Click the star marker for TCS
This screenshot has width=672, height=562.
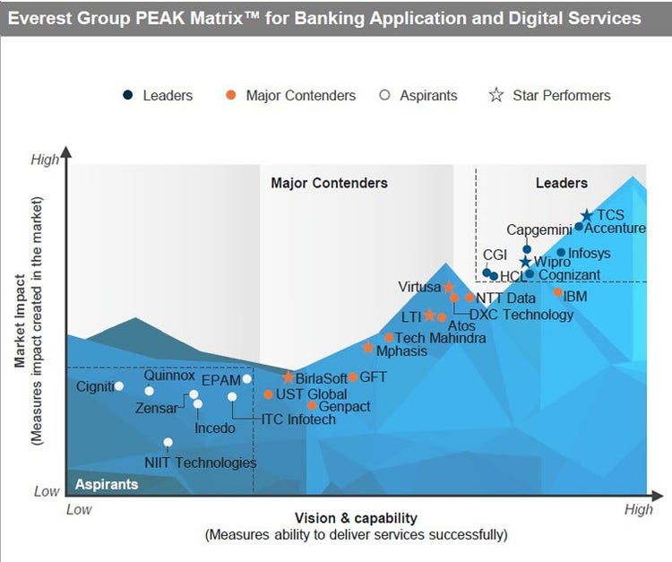pos(586,215)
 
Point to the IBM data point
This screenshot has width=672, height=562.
pos(557,292)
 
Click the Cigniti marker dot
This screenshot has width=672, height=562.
pos(119,386)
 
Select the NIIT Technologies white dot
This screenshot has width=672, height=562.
pos(168,443)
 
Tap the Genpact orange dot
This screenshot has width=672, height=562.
pos(312,405)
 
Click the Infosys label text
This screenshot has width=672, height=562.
pos(590,253)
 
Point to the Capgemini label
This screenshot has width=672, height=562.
pos(539,229)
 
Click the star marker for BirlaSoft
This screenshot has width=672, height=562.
pos(288,377)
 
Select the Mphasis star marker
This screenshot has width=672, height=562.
pos(368,348)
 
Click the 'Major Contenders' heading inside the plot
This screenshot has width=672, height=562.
pos(329,183)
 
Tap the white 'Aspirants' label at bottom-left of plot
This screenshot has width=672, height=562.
pos(107,484)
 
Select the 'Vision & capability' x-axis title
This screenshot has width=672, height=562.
pos(356,518)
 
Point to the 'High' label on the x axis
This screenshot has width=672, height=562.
pos(638,509)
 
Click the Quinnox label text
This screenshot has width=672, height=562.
pos(169,376)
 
